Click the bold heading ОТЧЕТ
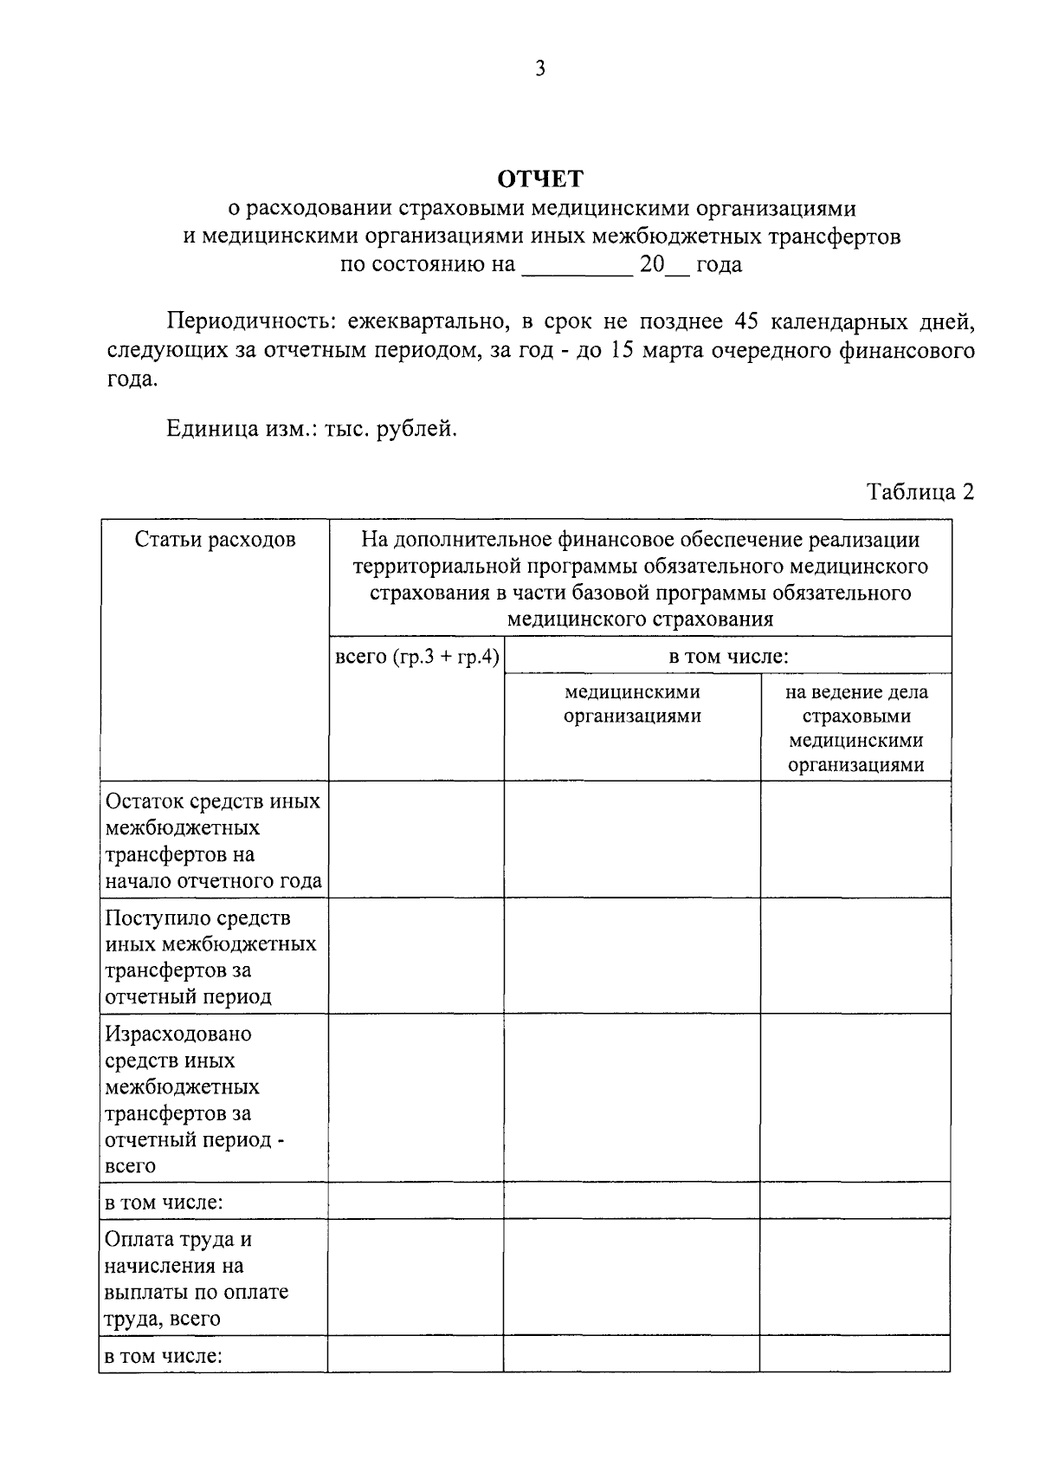[x=540, y=179]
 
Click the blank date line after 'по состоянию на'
[x=576, y=265]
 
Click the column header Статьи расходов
[x=215, y=540]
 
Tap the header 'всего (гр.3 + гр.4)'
[x=416, y=657]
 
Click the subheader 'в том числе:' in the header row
[x=727, y=657]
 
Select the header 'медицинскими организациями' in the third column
[x=632, y=704]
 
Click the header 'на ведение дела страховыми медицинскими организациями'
[x=855, y=728]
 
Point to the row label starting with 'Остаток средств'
[x=213, y=840]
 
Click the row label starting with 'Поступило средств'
[x=210, y=956]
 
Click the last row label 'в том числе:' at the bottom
[x=164, y=1356]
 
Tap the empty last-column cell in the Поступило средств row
[x=855, y=956]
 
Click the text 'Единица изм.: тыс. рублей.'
[x=311, y=429]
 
